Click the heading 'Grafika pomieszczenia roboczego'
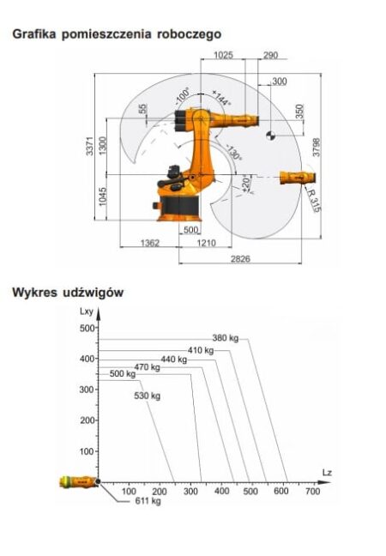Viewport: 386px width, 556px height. (115, 34)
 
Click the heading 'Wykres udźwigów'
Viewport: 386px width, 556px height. (68, 293)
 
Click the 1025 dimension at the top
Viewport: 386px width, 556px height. (223, 55)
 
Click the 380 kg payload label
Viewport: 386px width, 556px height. (225, 337)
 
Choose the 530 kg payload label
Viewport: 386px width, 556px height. (148, 396)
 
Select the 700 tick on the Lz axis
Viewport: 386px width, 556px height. (311, 492)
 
